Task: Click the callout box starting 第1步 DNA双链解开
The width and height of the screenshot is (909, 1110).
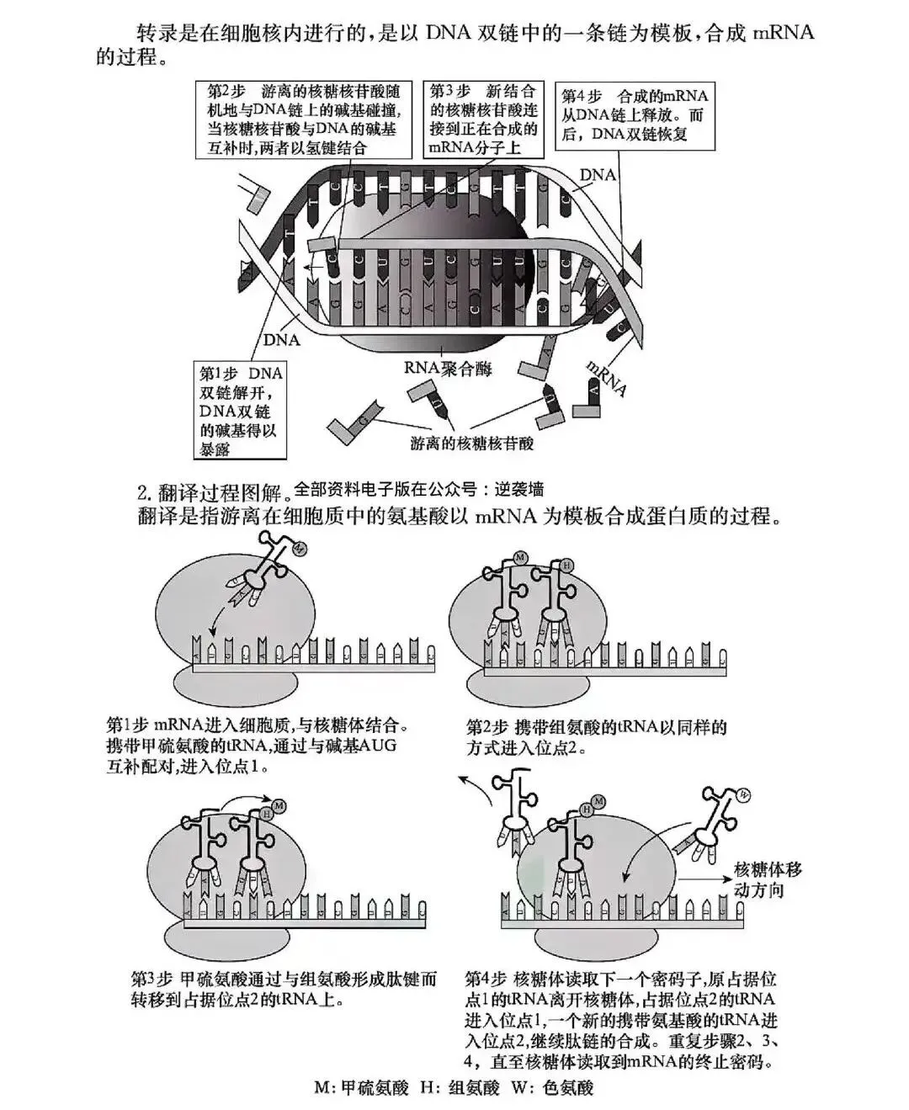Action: [x=240, y=411]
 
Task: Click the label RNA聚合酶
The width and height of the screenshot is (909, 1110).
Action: [x=448, y=368]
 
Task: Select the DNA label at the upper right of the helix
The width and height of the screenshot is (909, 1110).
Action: [x=598, y=175]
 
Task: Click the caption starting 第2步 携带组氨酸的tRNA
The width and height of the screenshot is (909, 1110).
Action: [x=596, y=736]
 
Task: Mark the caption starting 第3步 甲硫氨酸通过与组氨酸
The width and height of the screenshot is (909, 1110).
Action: [x=284, y=990]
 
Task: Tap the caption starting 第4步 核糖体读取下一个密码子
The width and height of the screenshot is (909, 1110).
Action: [x=620, y=1019]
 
